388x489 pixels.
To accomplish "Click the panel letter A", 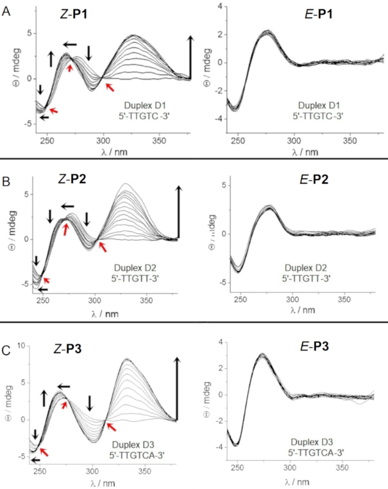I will (6, 11).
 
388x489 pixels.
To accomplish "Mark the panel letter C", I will (6, 333).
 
